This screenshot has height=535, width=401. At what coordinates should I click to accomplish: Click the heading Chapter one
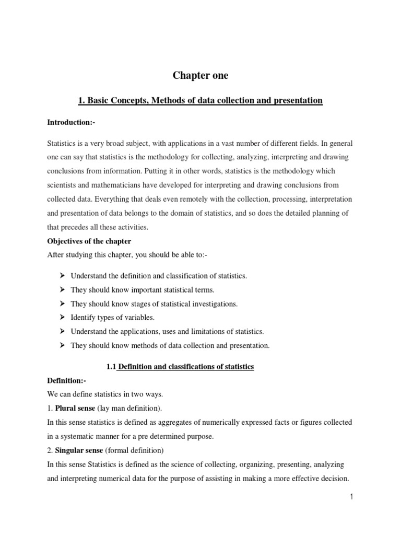[x=200, y=76]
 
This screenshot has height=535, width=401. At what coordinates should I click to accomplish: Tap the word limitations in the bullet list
[x=210, y=331]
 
